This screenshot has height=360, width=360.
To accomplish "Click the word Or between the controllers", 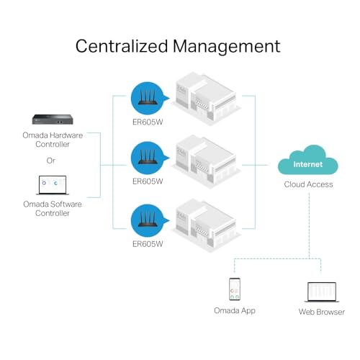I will pos(50,160).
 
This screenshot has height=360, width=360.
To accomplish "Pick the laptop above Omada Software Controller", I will pos(51,186).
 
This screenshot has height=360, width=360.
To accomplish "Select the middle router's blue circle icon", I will pos(147,159).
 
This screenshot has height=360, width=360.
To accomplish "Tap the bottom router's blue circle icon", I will pos(147,220).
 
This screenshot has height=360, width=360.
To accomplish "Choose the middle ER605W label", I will pos(147,182).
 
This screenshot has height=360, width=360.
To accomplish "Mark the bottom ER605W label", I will pos(147,243).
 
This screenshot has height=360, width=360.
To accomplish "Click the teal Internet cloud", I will pos(309,162).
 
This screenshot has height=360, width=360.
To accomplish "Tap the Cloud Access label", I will pos(309,184).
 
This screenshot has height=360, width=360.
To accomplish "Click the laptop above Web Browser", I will pos(322,291).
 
